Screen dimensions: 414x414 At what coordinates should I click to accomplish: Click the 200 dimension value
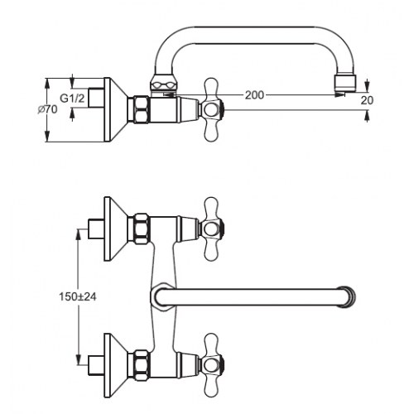point(254,95)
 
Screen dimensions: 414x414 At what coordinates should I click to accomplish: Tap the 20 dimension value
point(367,100)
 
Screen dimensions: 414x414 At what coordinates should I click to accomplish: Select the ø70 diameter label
point(48,109)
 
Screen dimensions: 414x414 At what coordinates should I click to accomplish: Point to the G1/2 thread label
point(72,98)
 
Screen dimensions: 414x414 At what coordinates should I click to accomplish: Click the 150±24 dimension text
point(78,296)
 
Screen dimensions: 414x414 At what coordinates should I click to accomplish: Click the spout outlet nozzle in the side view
point(345,84)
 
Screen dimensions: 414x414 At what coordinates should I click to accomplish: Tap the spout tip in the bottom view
point(348,297)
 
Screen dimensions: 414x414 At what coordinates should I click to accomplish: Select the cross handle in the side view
point(211,110)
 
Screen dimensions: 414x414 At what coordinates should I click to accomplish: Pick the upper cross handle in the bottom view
point(211,229)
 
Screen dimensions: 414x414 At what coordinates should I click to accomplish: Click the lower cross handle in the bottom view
point(211,365)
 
